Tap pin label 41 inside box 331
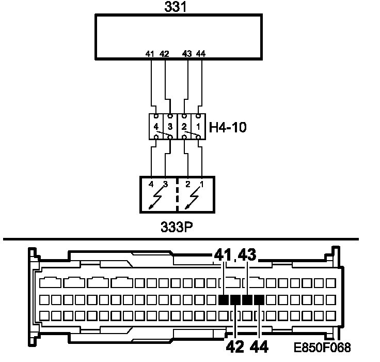coord(150,53)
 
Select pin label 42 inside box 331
coord(164,53)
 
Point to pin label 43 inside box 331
coord(187,53)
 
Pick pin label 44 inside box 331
coord(201,53)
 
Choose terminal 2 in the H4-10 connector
coord(184,126)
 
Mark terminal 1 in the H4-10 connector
coord(198,126)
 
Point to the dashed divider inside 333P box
coord(177,195)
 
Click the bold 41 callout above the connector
coord(223,255)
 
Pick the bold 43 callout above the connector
coord(247,255)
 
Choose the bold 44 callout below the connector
coord(259,345)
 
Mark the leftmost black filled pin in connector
coord(224,300)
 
